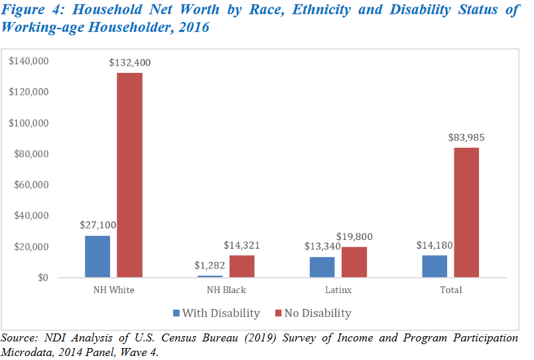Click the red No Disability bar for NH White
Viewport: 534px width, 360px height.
point(130,175)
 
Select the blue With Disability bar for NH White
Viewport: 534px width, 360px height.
point(98,256)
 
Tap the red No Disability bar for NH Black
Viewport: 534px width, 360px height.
point(242,266)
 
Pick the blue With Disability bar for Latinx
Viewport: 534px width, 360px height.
point(322,267)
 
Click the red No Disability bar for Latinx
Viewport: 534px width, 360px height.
point(354,262)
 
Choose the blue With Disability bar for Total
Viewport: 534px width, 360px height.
point(434,266)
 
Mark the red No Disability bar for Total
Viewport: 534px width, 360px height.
point(466,212)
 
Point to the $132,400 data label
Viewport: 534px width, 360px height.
point(131,62)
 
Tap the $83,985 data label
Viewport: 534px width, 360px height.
point(467,137)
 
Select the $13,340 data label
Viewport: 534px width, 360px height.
point(322,246)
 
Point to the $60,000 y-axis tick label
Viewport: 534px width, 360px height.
point(31,184)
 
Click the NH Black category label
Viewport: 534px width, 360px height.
point(226,290)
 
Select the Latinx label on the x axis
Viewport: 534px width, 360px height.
point(338,290)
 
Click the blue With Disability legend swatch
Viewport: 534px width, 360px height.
point(176,312)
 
